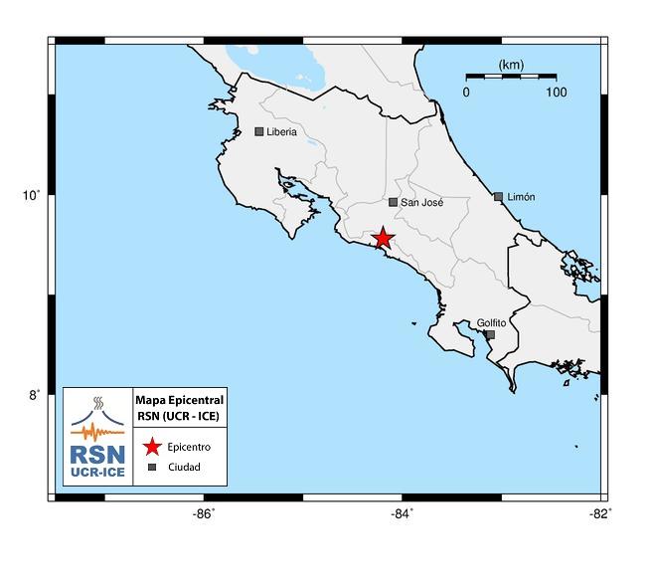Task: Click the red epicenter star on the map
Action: (x=383, y=238)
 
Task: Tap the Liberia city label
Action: (x=281, y=131)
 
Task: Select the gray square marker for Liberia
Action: (x=259, y=131)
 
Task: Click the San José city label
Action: (x=421, y=202)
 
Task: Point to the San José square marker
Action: (x=393, y=202)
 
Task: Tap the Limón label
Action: (x=521, y=197)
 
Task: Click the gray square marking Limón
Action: (x=498, y=197)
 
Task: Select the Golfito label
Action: (x=491, y=322)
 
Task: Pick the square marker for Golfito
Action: (x=490, y=335)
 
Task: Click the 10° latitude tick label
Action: (x=32, y=195)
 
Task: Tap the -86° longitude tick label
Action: (x=203, y=513)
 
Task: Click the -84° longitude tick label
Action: (x=402, y=513)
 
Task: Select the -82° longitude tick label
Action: (x=599, y=513)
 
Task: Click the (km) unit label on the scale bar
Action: (x=511, y=65)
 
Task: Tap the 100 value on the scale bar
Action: (x=556, y=93)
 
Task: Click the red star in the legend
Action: (x=152, y=447)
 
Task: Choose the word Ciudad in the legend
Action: (x=184, y=467)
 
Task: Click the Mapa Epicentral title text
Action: (x=180, y=399)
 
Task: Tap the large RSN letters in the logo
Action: (x=97, y=454)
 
